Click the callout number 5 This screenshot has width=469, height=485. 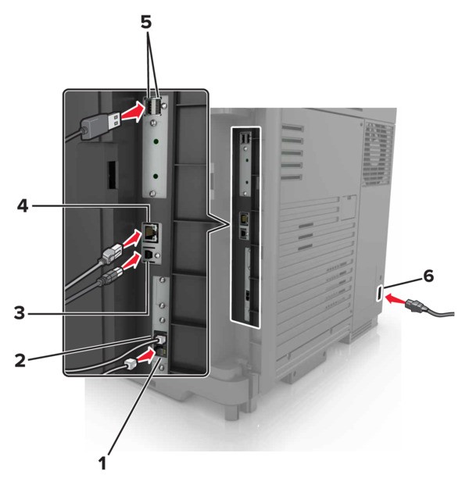[146, 22]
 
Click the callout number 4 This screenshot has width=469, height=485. [23, 205]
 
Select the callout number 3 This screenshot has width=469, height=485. [20, 312]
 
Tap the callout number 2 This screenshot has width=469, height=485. [20, 360]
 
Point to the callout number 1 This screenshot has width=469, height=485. [102, 463]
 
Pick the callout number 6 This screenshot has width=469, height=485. [428, 276]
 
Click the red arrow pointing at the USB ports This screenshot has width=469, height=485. [133, 113]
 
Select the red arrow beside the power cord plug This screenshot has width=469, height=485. [395, 299]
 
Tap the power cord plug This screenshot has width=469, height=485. [417, 306]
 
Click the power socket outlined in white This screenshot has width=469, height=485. [379, 293]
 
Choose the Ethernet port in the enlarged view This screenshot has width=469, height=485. [151, 232]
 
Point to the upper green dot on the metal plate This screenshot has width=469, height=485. [156, 142]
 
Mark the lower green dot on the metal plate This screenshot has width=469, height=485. [156, 177]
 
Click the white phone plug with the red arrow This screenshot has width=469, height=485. [130, 363]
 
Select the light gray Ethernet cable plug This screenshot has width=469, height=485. [112, 254]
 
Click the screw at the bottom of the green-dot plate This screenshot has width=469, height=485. [152, 194]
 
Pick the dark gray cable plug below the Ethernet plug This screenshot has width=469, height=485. [110, 276]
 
